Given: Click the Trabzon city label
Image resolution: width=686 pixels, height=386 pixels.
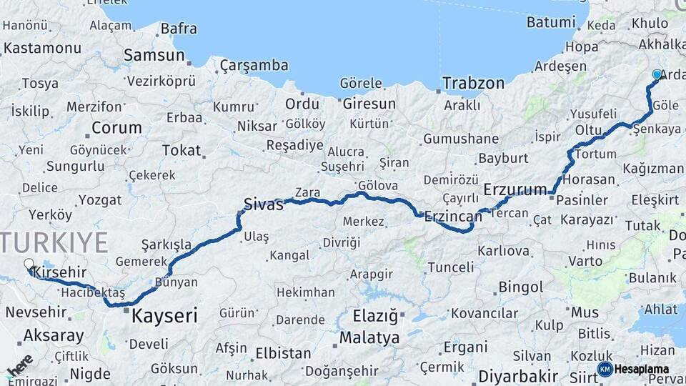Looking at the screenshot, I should pyautogui.click(x=473, y=83).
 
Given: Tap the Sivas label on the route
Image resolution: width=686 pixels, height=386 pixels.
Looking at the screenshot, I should pyautogui.click(x=264, y=203).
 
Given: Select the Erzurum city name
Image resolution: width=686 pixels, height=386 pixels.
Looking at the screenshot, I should pyautogui.click(x=515, y=189).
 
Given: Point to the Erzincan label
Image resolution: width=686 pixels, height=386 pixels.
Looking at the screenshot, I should pyautogui.click(x=452, y=215).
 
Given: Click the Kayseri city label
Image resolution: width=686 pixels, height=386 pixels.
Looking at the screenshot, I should pyautogui.click(x=164, y=315).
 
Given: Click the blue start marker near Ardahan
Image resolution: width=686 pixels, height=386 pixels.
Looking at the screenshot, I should pyautogui.click(x=657, y=74).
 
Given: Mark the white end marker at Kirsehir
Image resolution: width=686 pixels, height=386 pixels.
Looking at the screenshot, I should pyautogui.click(x=29, y=264).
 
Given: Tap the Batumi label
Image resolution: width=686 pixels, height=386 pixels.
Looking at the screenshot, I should pyautogui.click(x=550, y=22).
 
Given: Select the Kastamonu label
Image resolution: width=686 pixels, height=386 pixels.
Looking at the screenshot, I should pyautogui.click(x=42, y=49).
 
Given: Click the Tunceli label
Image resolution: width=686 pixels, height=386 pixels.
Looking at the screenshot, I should pyautogui.click(x=450, y=267).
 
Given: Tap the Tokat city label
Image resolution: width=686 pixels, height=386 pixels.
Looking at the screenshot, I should pyautogui.click(x=182, y=150).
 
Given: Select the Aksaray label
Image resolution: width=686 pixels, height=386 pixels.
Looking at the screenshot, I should pyautogui.click(x=54, y=335).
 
